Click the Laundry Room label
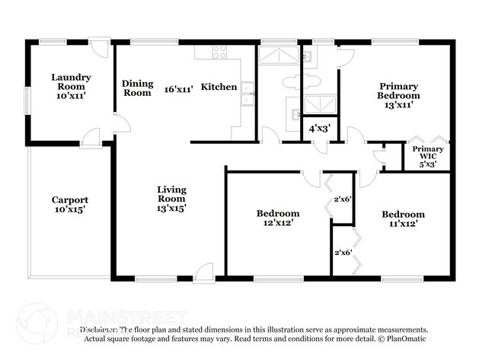point(71,82)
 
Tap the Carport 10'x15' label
point(69,205)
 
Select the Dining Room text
point(137,88)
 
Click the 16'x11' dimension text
point(178,89)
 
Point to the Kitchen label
point(219,88)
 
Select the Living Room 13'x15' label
point(171,198)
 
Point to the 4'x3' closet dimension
point(318,129)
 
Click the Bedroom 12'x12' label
point(277,218)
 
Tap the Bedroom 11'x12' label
point(402,219)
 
